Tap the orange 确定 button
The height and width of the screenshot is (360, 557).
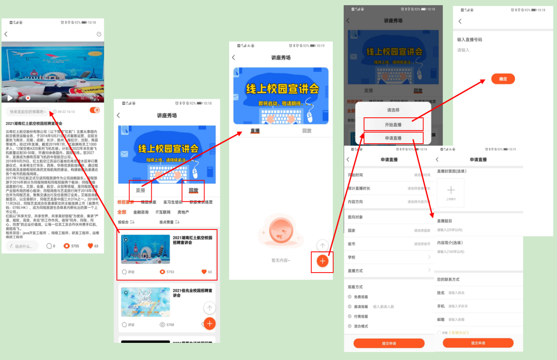click(503, 79)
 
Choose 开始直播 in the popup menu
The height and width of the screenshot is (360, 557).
click(393, 124)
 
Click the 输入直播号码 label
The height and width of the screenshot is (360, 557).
click(470, 40)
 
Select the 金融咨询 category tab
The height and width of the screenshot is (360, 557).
click(141, 212)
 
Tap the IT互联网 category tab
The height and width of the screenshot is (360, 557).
click(163, 212)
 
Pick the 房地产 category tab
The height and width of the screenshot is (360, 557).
click(183, 212)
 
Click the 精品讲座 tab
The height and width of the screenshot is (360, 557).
click(148, 202)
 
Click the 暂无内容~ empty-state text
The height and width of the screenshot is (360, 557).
click(281, 261)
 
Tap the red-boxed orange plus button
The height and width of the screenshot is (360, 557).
click(322, 261)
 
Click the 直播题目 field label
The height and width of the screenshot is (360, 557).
click(444, 221)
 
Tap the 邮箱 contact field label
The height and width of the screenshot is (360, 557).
click(441, 320)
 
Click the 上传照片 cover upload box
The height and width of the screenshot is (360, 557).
click(451, 192)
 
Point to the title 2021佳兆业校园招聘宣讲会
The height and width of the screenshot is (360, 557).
click(193, 293)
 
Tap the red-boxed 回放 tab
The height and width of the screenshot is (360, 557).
click(193, 190)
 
